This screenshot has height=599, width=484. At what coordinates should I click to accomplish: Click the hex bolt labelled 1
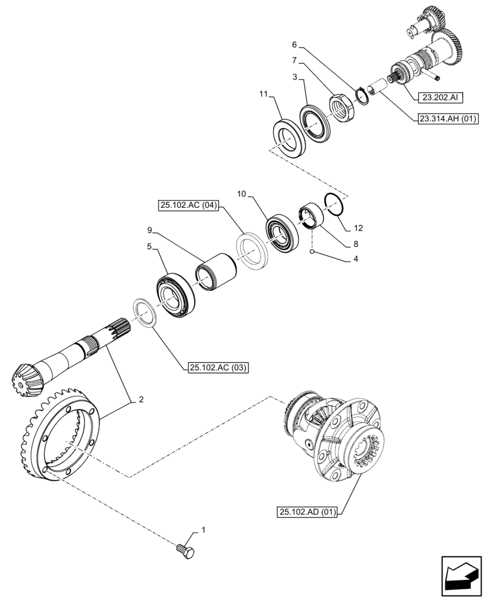point(186,552)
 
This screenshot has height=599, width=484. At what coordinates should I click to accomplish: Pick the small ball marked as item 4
point(313,253)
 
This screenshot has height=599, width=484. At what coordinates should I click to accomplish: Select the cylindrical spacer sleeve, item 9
point(217,273)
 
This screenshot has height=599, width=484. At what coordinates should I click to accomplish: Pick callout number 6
point(294,45)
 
